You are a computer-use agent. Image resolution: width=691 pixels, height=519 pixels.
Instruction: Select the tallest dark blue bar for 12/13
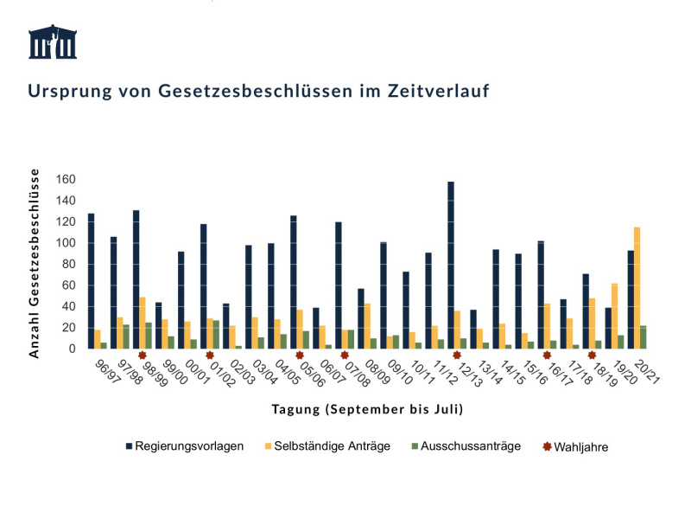(x=451, y=265)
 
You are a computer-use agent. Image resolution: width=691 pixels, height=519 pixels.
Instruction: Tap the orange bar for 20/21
(x=637, y=288)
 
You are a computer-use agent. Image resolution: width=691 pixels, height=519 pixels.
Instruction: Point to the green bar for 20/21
(x=643, y=337)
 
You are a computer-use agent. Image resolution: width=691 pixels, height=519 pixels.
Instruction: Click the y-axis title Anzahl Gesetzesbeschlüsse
(x=36, y=263)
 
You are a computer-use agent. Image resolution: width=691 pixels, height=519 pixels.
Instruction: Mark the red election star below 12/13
(x=457, y=355)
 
